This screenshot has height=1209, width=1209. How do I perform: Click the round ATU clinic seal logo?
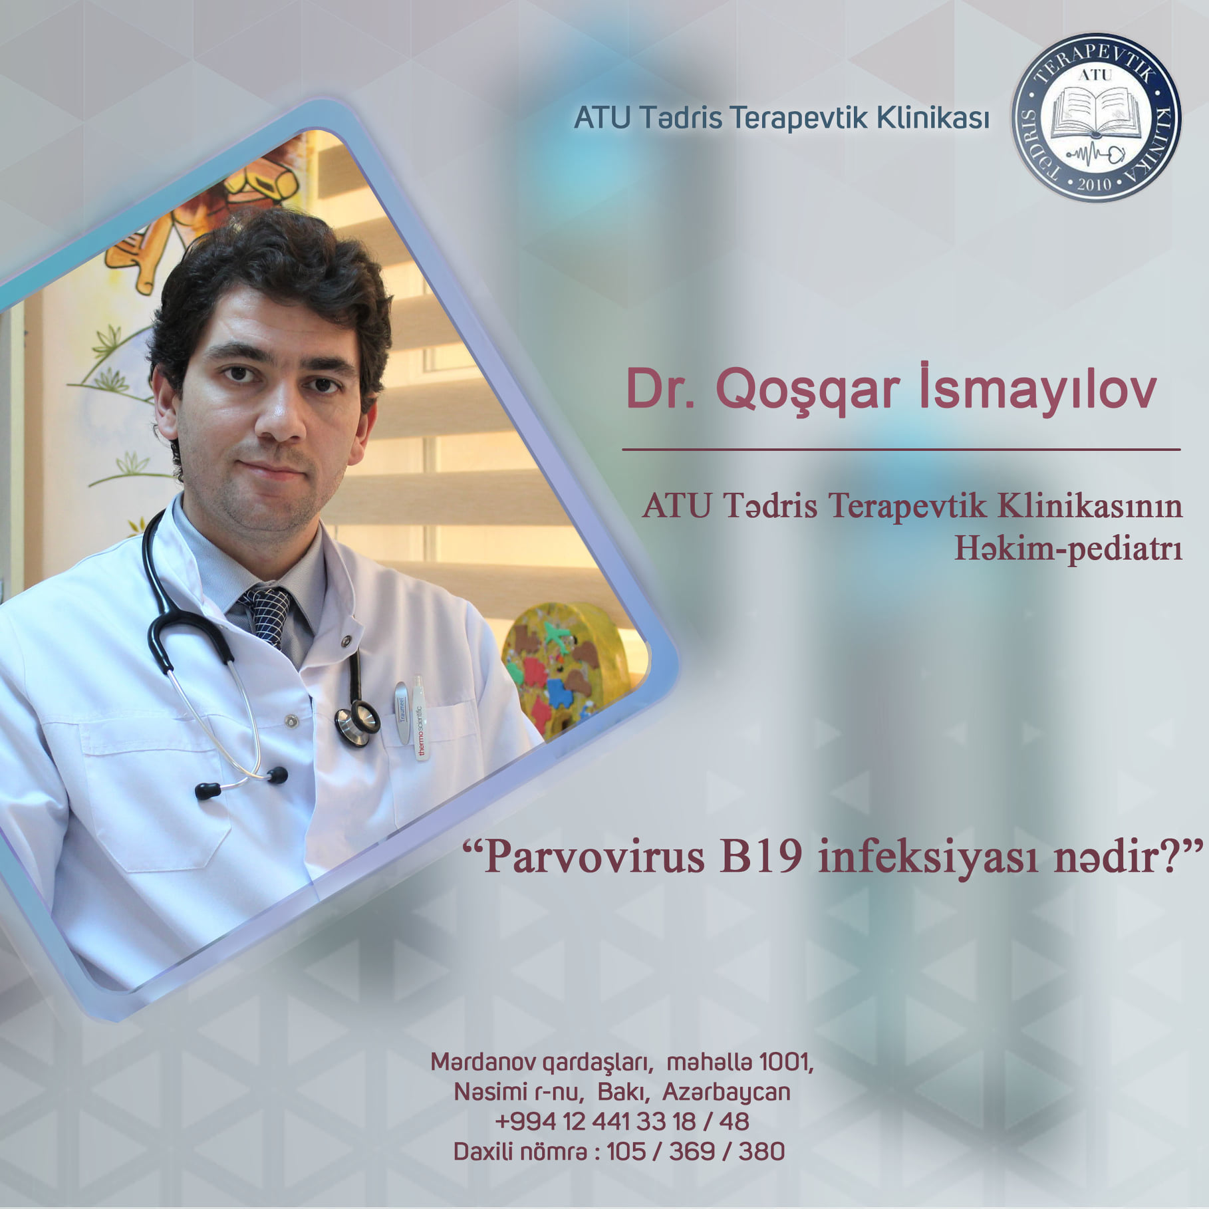1096,118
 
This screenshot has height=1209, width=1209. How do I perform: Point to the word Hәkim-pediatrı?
1069,550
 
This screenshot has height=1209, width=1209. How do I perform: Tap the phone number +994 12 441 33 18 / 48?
622,1121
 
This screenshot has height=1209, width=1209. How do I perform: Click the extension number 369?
692,1150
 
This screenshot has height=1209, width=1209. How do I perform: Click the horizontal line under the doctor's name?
901,450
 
